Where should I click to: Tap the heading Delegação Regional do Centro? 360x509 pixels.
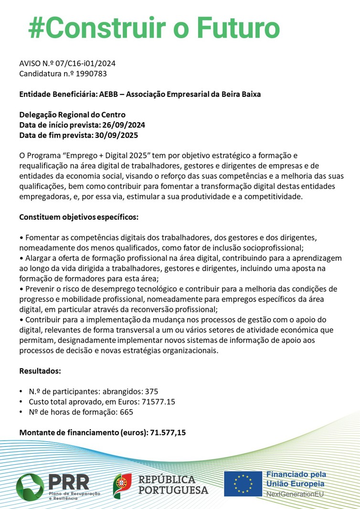pos(72,115)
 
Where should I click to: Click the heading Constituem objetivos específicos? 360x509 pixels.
pos(79,217)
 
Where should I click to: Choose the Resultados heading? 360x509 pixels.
pos(40,371)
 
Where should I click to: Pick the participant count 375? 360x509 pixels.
pos(145,392)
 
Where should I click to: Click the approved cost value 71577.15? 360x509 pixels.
pos(158,402)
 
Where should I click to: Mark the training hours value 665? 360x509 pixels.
pos(127,412)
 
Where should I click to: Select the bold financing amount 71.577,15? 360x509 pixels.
pos(168,433)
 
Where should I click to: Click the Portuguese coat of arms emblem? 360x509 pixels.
pos(123,484)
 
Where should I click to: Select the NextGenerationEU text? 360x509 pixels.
pos(294,494)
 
